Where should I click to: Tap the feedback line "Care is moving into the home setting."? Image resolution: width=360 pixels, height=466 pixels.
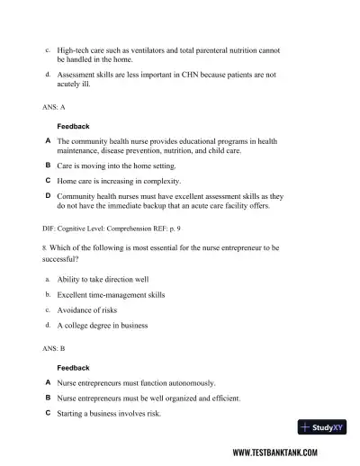coord(116,166)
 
